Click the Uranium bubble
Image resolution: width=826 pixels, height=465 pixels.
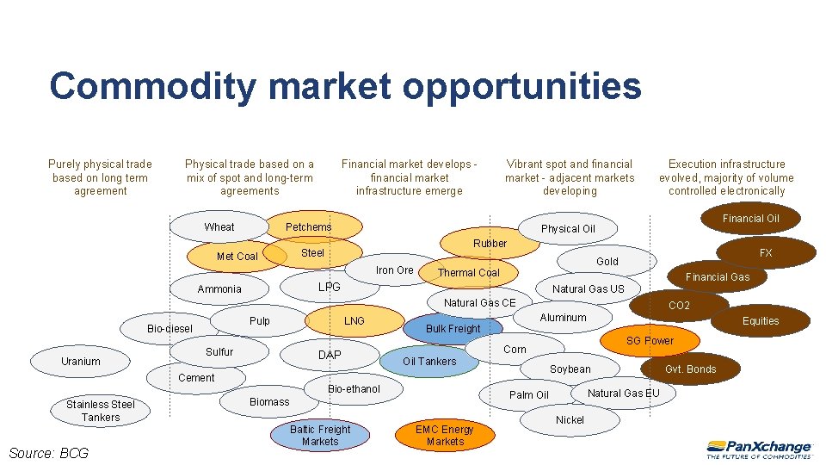pos(80,361)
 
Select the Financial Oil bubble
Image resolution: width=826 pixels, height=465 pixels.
pos(750,219)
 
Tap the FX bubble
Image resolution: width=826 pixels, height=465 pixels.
pos(765,253)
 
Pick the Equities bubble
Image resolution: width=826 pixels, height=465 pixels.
pos(761,320)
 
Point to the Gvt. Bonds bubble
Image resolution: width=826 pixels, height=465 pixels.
pos(690,369)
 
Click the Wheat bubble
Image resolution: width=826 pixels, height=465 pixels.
pos(219,226)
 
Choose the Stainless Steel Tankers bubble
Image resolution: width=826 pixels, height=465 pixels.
pos(101,411)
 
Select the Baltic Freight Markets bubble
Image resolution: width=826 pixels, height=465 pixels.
pos(320,435)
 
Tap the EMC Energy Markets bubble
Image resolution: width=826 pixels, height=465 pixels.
pos(445,435)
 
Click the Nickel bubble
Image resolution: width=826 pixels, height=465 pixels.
pos(570,420)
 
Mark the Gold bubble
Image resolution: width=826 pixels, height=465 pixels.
pos(607,261)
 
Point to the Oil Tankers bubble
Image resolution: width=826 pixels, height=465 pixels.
pos(429,362)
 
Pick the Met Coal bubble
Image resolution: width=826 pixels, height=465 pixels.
pos(237,256)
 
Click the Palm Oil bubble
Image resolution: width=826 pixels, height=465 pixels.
pos(528,395)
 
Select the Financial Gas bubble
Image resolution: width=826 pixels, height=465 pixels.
pos(717,276)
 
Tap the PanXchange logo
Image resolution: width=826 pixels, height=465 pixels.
pos(759,449)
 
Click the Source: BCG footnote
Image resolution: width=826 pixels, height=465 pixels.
pos(48,453)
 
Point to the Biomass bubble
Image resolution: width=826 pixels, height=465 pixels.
pos(269,401)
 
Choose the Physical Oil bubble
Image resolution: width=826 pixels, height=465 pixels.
pos(568,228)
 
